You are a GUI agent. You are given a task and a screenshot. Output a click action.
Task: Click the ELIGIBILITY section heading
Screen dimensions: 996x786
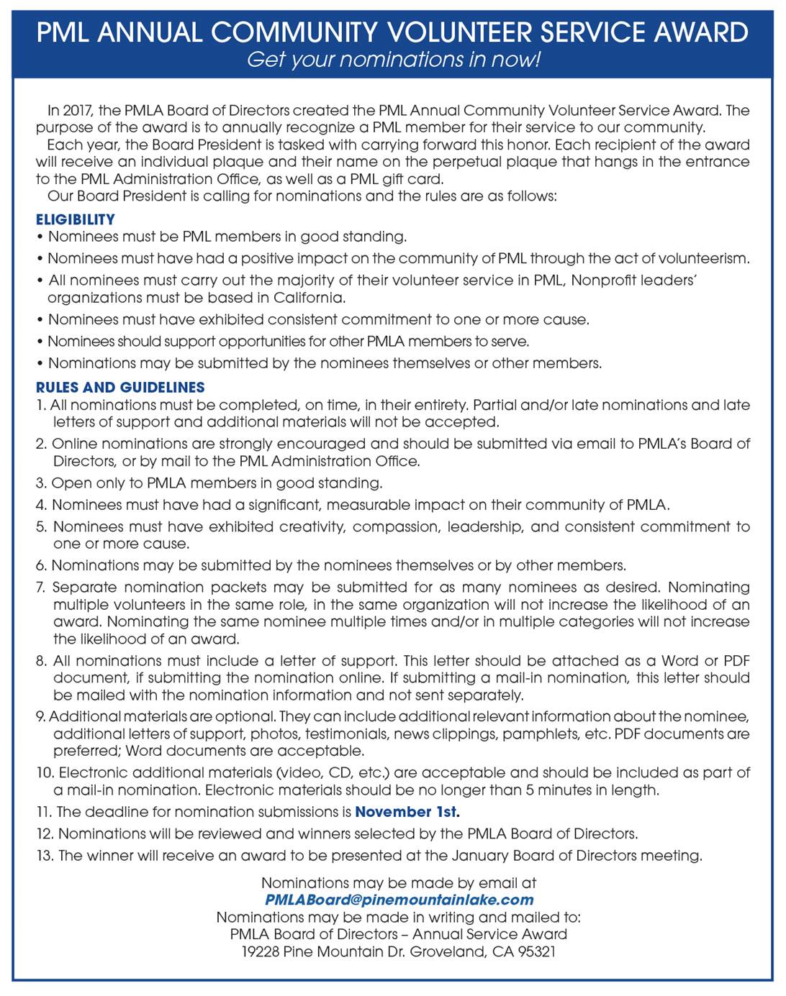[75, 219]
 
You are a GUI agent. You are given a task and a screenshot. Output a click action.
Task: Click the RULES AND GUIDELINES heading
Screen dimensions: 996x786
[120, 387]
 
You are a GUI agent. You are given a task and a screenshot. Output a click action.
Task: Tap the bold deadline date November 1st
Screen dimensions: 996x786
[407, 812]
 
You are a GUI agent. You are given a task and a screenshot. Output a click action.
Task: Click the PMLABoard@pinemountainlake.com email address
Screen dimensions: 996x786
[399, 900]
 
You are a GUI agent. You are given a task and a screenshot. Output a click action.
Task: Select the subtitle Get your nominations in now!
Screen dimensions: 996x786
[393, 60]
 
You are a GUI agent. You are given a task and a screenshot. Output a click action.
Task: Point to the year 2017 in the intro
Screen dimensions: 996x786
[77, 111]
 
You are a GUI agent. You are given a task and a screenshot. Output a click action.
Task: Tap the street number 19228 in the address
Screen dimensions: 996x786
[260, 951]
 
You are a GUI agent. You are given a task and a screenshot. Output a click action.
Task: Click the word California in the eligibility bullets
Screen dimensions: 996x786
[307, 298]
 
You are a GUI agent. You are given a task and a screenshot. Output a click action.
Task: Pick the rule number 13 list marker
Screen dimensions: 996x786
[44, 856]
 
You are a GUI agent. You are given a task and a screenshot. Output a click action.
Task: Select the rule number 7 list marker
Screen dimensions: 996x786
[41, 588]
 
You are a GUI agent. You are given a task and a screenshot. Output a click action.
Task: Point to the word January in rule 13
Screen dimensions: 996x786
[479, 856]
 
